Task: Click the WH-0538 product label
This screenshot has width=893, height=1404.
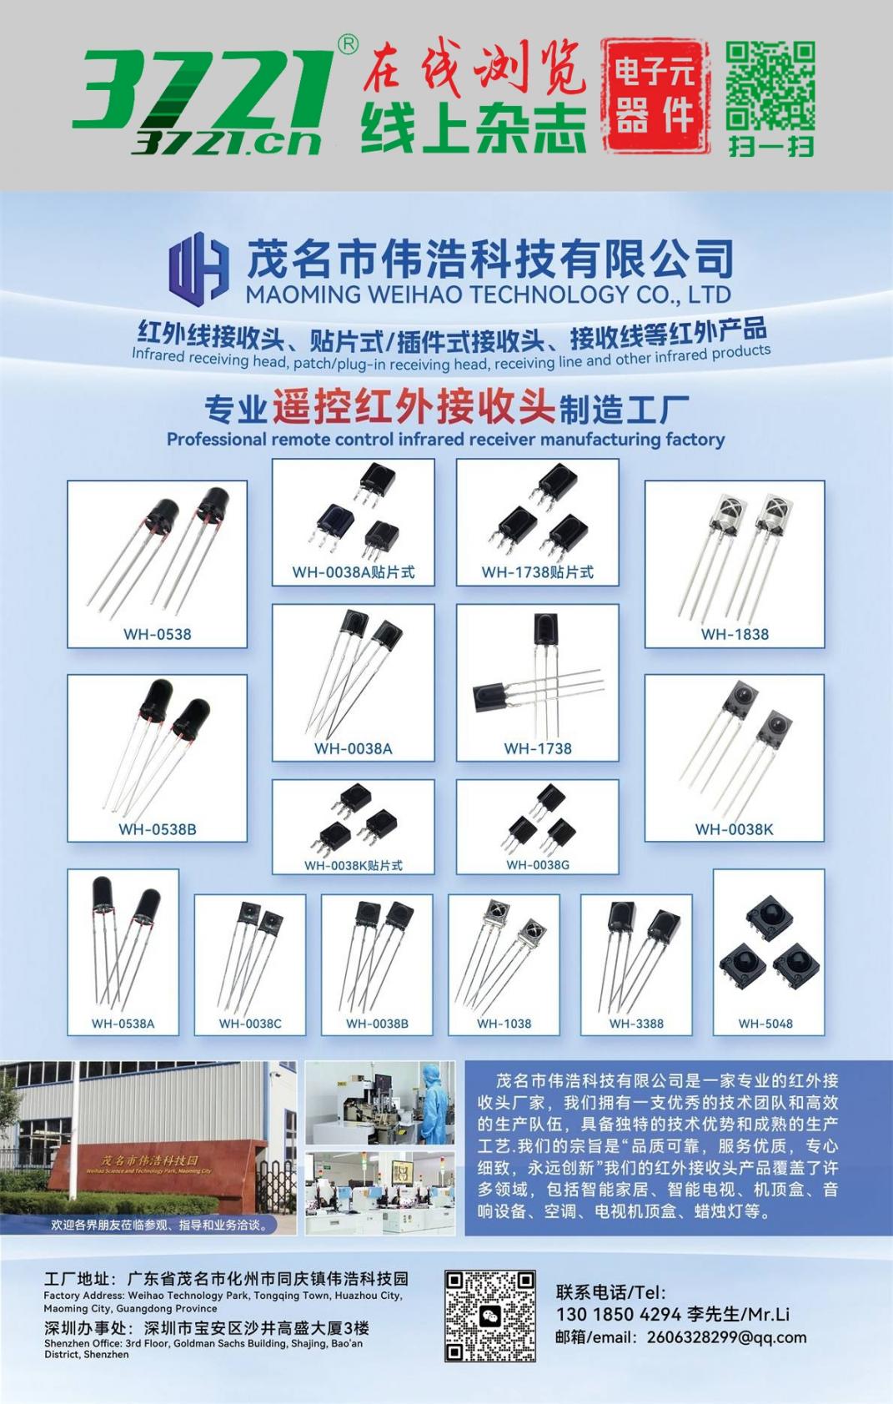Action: click(158, 634)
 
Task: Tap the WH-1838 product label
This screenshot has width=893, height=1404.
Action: click(735, 634)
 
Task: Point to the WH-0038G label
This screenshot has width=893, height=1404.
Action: click(538, 864)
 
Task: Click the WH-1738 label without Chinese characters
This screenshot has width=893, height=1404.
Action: click(538, 747)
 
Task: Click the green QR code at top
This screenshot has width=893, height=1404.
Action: click(770, 86)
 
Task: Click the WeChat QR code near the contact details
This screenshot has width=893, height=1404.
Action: click(490, 1316)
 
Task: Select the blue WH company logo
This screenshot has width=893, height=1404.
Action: click(198, 266)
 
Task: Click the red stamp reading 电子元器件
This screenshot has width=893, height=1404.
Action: click(655, 96)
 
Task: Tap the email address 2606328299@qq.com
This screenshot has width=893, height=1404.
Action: click(726, 1337)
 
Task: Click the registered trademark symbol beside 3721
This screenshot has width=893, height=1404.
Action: click(348, 44)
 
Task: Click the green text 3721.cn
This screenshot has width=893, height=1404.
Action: click(226, 143)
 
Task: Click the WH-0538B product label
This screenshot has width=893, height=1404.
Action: click(158, 829)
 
